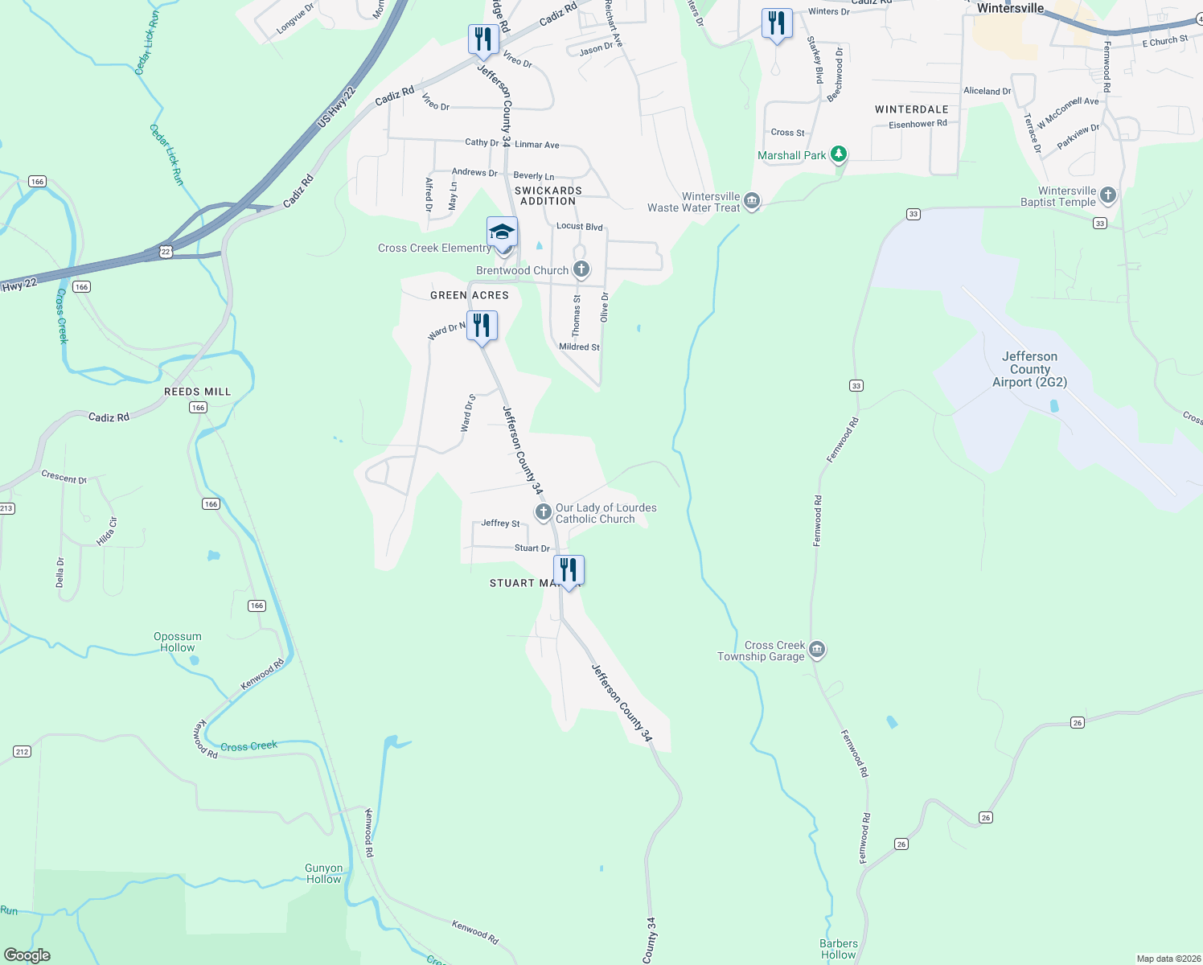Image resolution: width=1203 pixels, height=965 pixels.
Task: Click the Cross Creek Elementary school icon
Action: coord(502,232)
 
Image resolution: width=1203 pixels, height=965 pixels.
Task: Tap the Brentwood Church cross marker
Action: coord(581,269)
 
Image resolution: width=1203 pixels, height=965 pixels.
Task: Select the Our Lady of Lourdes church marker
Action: coord(543,512)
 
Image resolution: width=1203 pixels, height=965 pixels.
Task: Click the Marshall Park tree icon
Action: coord(839,154)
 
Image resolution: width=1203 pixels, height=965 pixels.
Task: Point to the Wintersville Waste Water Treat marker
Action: coord(752,200)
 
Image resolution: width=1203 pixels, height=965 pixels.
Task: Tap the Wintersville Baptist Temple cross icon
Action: coord(1108,195)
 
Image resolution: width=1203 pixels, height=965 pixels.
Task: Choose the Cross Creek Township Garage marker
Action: coord(817,650)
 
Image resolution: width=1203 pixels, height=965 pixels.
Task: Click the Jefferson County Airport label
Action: coord(1029,369)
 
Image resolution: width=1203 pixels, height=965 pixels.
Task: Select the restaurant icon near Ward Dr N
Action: coord(482,326)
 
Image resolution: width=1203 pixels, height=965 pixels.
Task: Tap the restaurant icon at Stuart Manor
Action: coord(569,570)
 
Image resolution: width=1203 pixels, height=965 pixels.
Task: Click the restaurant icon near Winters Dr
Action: coord(776,23)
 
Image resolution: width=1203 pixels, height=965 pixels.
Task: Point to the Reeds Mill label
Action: coord(197,392)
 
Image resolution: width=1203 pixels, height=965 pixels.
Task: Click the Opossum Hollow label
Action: coord(178,642)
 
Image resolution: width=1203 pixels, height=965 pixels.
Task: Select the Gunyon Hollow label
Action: coord(324,873)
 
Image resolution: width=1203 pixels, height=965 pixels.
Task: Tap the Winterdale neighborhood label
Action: coord(911,109)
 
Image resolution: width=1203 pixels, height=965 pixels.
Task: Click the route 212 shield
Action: coord(22,752)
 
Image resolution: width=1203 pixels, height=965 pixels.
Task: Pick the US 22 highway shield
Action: coord(166,252)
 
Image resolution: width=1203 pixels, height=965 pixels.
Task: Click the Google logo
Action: coord(27,955)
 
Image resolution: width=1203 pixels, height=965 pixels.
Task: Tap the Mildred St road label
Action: coord(579,347)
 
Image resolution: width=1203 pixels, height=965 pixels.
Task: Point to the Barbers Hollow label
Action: coord(839,949)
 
